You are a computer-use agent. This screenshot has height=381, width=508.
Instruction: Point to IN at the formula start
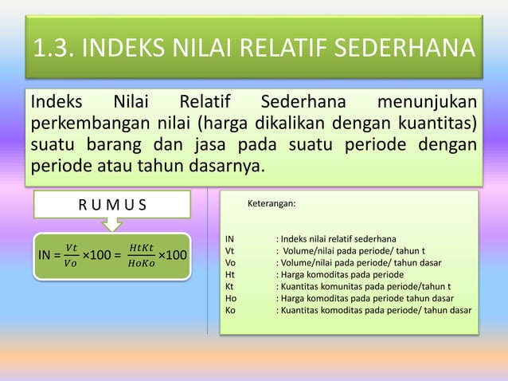coord(46,255)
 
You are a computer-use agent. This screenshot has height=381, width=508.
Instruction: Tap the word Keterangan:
coord(272,204)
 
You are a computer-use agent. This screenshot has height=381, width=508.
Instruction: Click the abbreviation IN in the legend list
coord(229,238)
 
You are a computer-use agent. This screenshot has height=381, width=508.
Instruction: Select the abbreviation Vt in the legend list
coord(229,250)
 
